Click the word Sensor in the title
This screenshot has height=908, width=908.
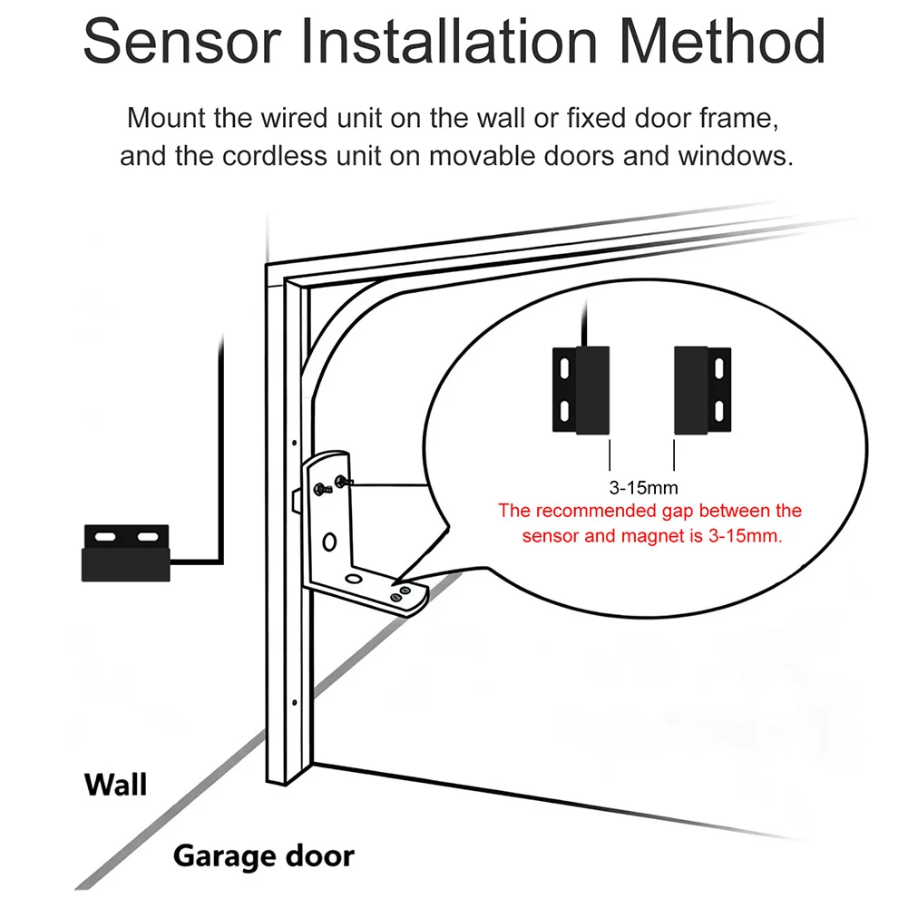(181, 41)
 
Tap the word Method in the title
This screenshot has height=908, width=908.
(722, 41)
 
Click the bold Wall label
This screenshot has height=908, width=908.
(116, 786)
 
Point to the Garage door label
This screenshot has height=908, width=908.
(263, 856)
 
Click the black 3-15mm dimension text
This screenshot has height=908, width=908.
(643, 488)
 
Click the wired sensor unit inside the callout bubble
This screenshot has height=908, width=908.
(581, 390)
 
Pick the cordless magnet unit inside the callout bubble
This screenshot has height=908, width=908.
(702, 390)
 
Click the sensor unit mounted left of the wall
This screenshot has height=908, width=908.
(126, 553)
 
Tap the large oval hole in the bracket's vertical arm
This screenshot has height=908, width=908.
(329, 542)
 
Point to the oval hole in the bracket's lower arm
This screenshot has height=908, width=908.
(353, 579)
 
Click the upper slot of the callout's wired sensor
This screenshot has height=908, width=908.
(564, 369)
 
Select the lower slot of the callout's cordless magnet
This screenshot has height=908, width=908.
(719, 411)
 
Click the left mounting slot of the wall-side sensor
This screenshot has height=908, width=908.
(105, 537)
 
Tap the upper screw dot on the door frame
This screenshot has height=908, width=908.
(294, 443)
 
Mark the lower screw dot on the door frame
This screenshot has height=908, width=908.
(294, 702)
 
